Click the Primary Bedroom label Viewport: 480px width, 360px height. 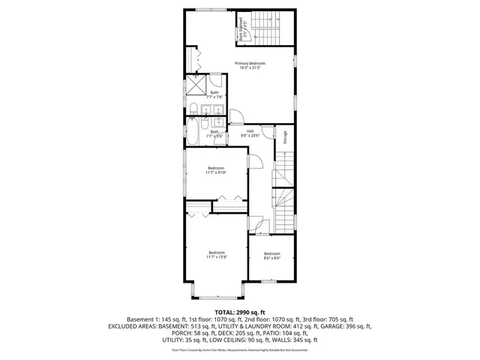coord(250,66)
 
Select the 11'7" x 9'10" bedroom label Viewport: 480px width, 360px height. coord(216,170)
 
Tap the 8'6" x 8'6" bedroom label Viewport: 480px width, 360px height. coord(271,256)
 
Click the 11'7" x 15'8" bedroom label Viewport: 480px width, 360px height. coord(216,255)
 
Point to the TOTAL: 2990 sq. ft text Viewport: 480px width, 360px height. coord(240,311)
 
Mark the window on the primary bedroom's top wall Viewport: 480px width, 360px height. coord(206,9)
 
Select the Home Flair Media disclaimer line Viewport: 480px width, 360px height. coord(240,349)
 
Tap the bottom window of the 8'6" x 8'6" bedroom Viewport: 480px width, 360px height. coord(266,280)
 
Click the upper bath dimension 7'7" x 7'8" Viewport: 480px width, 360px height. coord(215,95)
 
